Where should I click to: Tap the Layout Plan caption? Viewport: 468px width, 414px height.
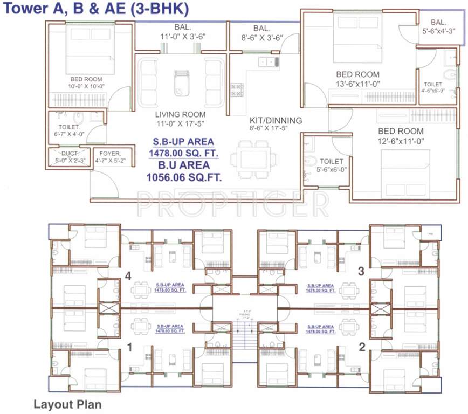67,403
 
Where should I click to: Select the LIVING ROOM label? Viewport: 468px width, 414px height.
180,114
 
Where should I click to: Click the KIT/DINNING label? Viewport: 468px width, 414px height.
276,120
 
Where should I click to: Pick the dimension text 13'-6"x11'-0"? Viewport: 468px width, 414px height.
357,84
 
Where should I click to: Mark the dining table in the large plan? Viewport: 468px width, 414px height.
253,160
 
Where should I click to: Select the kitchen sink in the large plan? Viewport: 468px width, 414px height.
267,62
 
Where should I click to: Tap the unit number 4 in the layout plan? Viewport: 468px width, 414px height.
128,275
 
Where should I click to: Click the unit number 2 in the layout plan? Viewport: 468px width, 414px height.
362,347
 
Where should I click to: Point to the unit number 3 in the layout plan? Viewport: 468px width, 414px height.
362,271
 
